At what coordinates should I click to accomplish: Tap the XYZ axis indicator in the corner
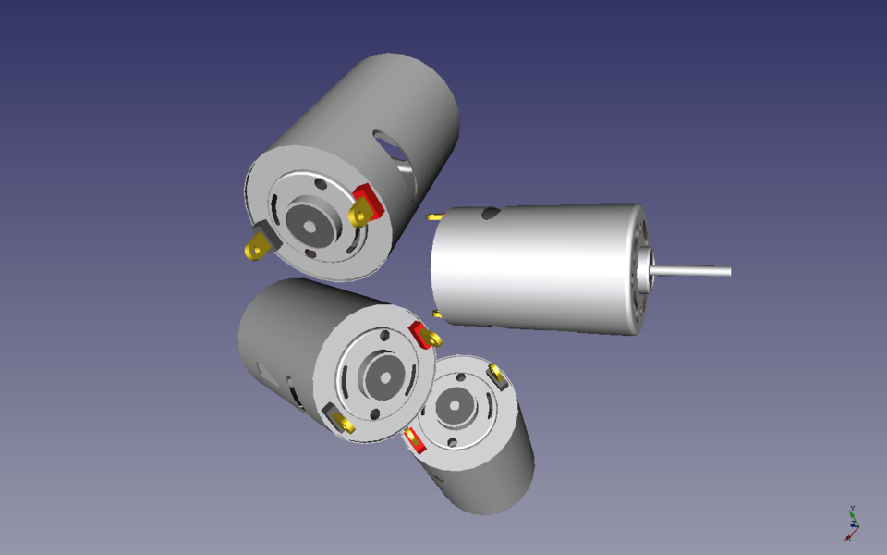point(852,524)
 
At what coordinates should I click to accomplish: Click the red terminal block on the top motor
point(368,196)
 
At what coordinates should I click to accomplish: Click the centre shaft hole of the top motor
point(308,222)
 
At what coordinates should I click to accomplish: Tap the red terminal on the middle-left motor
point(421,331)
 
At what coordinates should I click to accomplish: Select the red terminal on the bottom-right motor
point(414,442)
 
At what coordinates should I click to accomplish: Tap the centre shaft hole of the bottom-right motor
point(454,404)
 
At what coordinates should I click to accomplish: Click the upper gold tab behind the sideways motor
point(433,216)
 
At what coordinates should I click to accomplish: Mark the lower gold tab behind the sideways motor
point(436,314)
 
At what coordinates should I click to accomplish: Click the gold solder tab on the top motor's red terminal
point(358,216)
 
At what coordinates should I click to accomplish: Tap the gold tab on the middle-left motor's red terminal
point(431,340)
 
